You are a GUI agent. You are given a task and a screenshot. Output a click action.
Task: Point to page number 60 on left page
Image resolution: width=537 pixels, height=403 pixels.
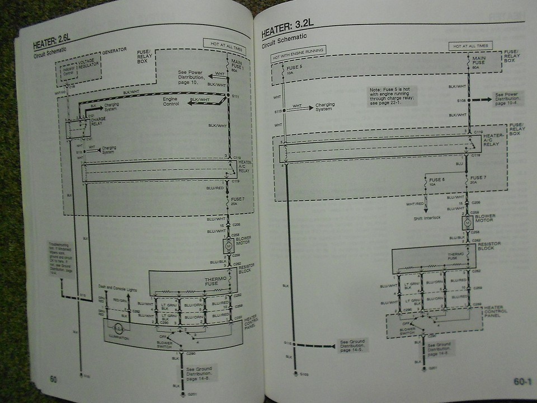[53, 379]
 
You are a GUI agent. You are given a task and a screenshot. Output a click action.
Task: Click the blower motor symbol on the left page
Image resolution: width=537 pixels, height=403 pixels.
[228, 246]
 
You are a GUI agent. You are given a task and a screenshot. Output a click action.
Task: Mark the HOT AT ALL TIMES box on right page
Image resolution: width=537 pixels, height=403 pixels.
[470, 45]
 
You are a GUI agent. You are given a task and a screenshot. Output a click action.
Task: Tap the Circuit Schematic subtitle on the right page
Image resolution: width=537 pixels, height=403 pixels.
[284, 38]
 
